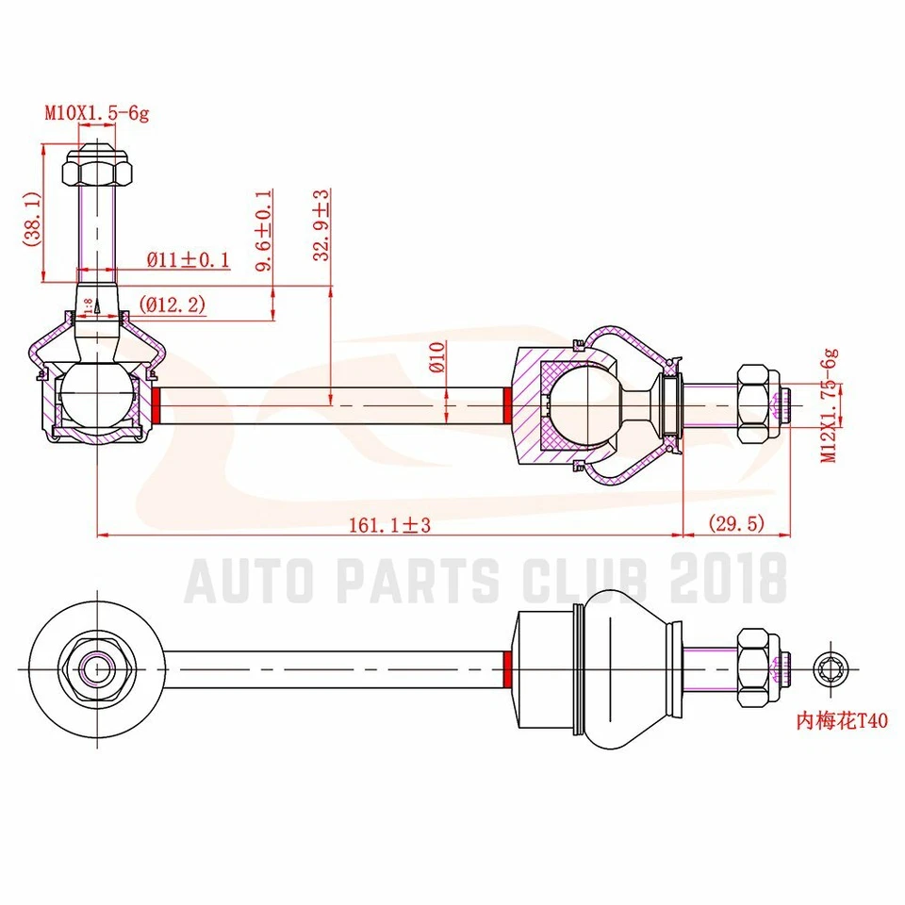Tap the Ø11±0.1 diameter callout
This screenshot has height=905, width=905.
click(x=188, y=260)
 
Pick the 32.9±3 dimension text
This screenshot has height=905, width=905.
click(x=322, y=225)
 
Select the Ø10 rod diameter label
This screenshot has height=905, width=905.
click(x=436, y=357)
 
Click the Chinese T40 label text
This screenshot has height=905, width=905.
click(x=842, y=721)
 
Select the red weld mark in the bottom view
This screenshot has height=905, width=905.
click(x=508, y=669)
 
